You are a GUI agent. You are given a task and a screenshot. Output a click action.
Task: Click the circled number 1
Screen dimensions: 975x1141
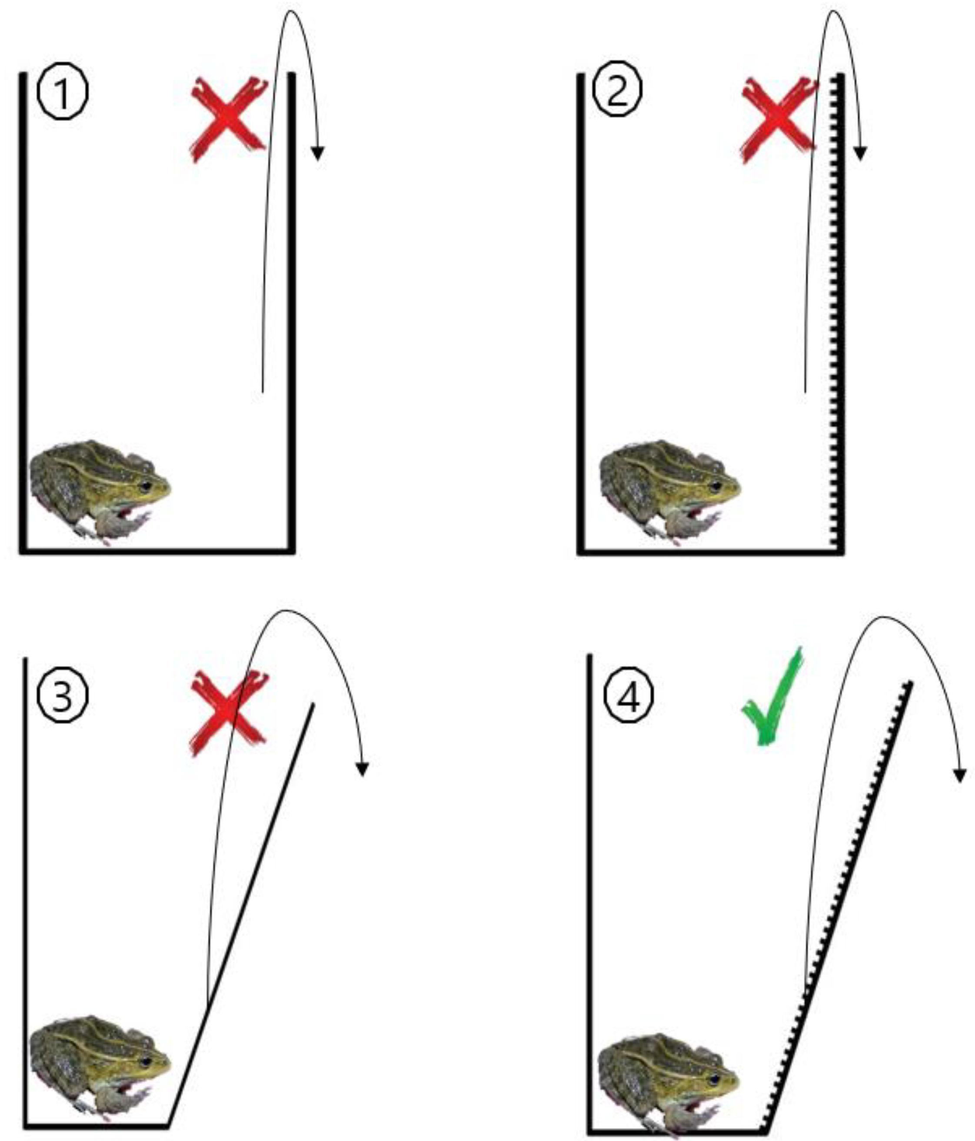coord(62,93)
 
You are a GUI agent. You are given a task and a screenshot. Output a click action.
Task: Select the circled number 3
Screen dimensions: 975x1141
coord(62,697)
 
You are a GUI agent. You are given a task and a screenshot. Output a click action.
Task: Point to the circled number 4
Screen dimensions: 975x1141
coord(629,697)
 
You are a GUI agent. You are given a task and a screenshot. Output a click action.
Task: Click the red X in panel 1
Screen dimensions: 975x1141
coord(229,120)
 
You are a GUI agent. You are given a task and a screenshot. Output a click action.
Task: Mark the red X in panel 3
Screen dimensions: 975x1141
coord(229,714)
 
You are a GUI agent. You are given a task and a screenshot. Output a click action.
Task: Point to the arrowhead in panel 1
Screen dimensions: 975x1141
coord(317,153)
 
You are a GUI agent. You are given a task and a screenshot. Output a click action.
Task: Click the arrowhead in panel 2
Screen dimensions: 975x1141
coord(860,153)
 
